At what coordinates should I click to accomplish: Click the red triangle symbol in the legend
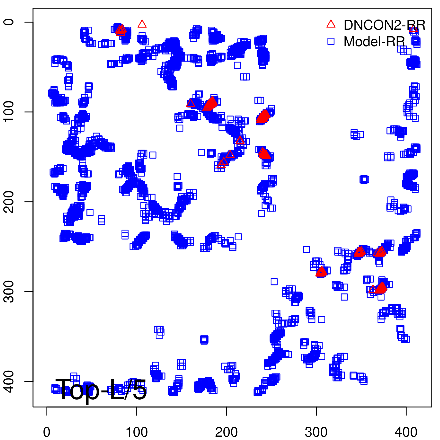(x=331, y=24)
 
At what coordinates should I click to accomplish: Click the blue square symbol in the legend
(x=331, y=41)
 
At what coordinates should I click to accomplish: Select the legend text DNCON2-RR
(x=384, y=25)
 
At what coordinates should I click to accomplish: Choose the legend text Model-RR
(x=374, y=42)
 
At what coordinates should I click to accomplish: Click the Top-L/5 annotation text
(x=101, y=389)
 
